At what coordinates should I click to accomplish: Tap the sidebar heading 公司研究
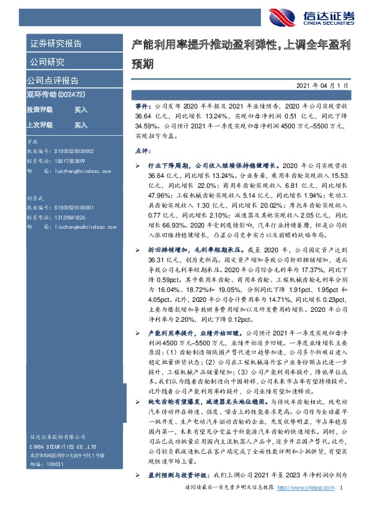click(x=47, y=62)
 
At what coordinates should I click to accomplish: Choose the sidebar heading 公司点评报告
click(x=52, y=80)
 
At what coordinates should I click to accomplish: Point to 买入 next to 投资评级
click(x=81, y=109)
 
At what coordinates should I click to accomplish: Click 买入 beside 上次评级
click(x=81, y=125)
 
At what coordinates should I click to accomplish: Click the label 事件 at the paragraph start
click(x=142, y=107)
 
